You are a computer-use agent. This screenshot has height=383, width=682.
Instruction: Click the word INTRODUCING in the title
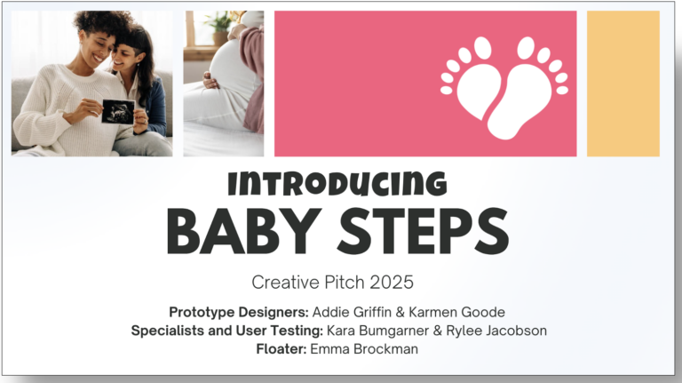coord(337,183)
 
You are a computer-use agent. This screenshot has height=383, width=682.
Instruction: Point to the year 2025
coord(392,283)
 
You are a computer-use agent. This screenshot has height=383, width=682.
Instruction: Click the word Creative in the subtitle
coord(286,283)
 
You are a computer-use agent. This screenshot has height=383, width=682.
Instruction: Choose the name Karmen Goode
coord(456,312)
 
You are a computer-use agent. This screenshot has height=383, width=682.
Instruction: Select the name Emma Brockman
coord(364,349)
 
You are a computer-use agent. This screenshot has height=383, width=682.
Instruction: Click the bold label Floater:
coord(282,349)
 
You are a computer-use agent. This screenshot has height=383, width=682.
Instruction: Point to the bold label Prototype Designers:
coord(239,312)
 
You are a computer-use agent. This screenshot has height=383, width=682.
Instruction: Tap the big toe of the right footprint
coord(526,48)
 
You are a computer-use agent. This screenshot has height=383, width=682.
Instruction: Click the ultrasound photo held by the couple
coord(118,112)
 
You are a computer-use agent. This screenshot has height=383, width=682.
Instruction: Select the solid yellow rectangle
coord(623,84)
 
